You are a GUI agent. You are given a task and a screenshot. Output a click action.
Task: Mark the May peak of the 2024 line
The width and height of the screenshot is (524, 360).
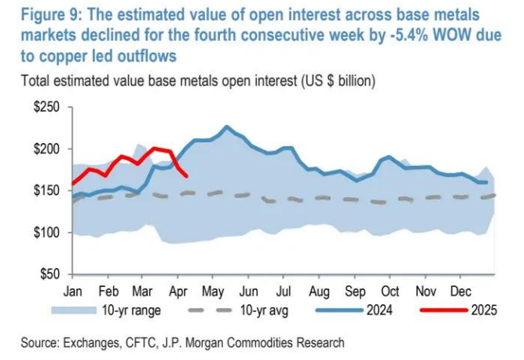(x=227, y=127)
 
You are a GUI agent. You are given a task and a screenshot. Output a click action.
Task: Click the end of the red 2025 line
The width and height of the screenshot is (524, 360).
(x=186, y=175)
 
